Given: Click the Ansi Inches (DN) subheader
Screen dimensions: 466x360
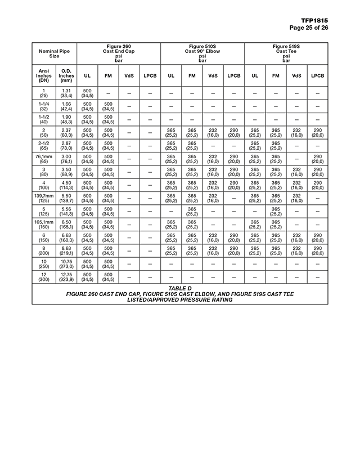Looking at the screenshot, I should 43,75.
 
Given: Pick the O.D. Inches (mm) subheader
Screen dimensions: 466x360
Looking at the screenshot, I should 66,75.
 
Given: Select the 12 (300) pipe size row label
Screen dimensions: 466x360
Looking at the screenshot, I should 43,277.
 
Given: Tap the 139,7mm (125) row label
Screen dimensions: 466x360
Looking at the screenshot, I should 43,198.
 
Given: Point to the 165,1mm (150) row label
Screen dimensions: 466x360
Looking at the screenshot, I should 43,225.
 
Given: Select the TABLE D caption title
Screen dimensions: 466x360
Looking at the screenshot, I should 180,288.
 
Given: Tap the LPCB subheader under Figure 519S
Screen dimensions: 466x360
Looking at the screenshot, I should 317,75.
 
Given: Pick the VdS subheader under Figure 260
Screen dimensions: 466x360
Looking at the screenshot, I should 129,75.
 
